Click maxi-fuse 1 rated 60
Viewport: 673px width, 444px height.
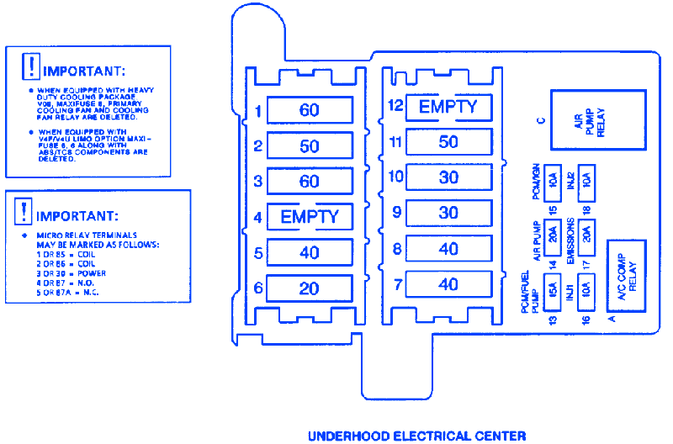pyautogui.click(x=309, y=111)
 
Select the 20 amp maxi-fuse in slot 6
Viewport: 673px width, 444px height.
pyautogui.click(x=309, y=288)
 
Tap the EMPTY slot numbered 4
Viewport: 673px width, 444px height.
pyautogui.click(x=309, y=217)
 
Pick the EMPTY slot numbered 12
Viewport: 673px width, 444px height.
pyautogui.click(x=448, y=107)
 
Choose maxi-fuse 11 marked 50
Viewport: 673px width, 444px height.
pyautogui.click(x=448, y=142)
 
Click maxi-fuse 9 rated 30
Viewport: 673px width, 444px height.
pyautogui.click(x=448, y=214)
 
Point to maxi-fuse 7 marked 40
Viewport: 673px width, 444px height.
pyautogui.click(x=448, y=285)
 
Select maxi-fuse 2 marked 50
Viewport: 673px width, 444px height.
pyautogui.click(x=309, y=146)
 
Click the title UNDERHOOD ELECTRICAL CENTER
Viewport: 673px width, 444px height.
pyautogui.click(x=416, y=436)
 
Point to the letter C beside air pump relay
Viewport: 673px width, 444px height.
pyautogui.click(x=542, y=120)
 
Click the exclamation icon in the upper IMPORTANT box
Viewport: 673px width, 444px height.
pyautogui.click(x=30, y=65)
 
